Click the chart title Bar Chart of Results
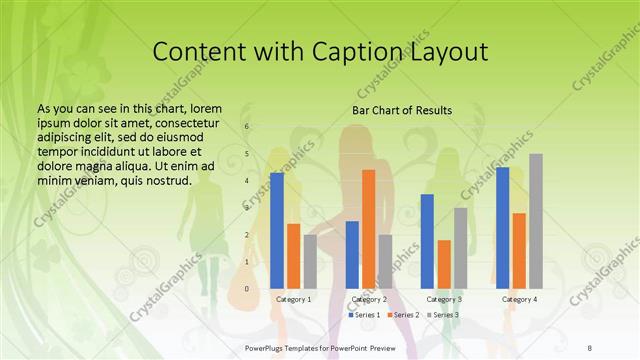pyautogui.click(x=402, y=110)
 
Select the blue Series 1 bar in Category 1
pyautogui.click(x=277, y=231)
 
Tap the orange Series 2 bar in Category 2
pyautogui.click(x=369, y=229)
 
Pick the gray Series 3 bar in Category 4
pyautogui.click(x=536, y=221)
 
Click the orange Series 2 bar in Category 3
pyautogui.click(x=444, y=264)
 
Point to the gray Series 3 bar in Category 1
pyautogui.click(x=310, y=262)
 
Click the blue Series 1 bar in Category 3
pyautogui.click(x=428, y=241)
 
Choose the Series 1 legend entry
pyautogui.click(x=366, y=315)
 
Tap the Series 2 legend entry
pyautogui.click(x=405, y=315)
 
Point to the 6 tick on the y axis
pyautogui.click(x=247, y=126)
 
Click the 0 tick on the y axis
pyautogui.click(x=247, y=289)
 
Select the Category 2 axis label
pyautogui.click(x=369, y=299)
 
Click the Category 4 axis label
pyautogui.click(x=519, y=299)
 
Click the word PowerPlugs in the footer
pyautogui.click(x=266, y=345)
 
